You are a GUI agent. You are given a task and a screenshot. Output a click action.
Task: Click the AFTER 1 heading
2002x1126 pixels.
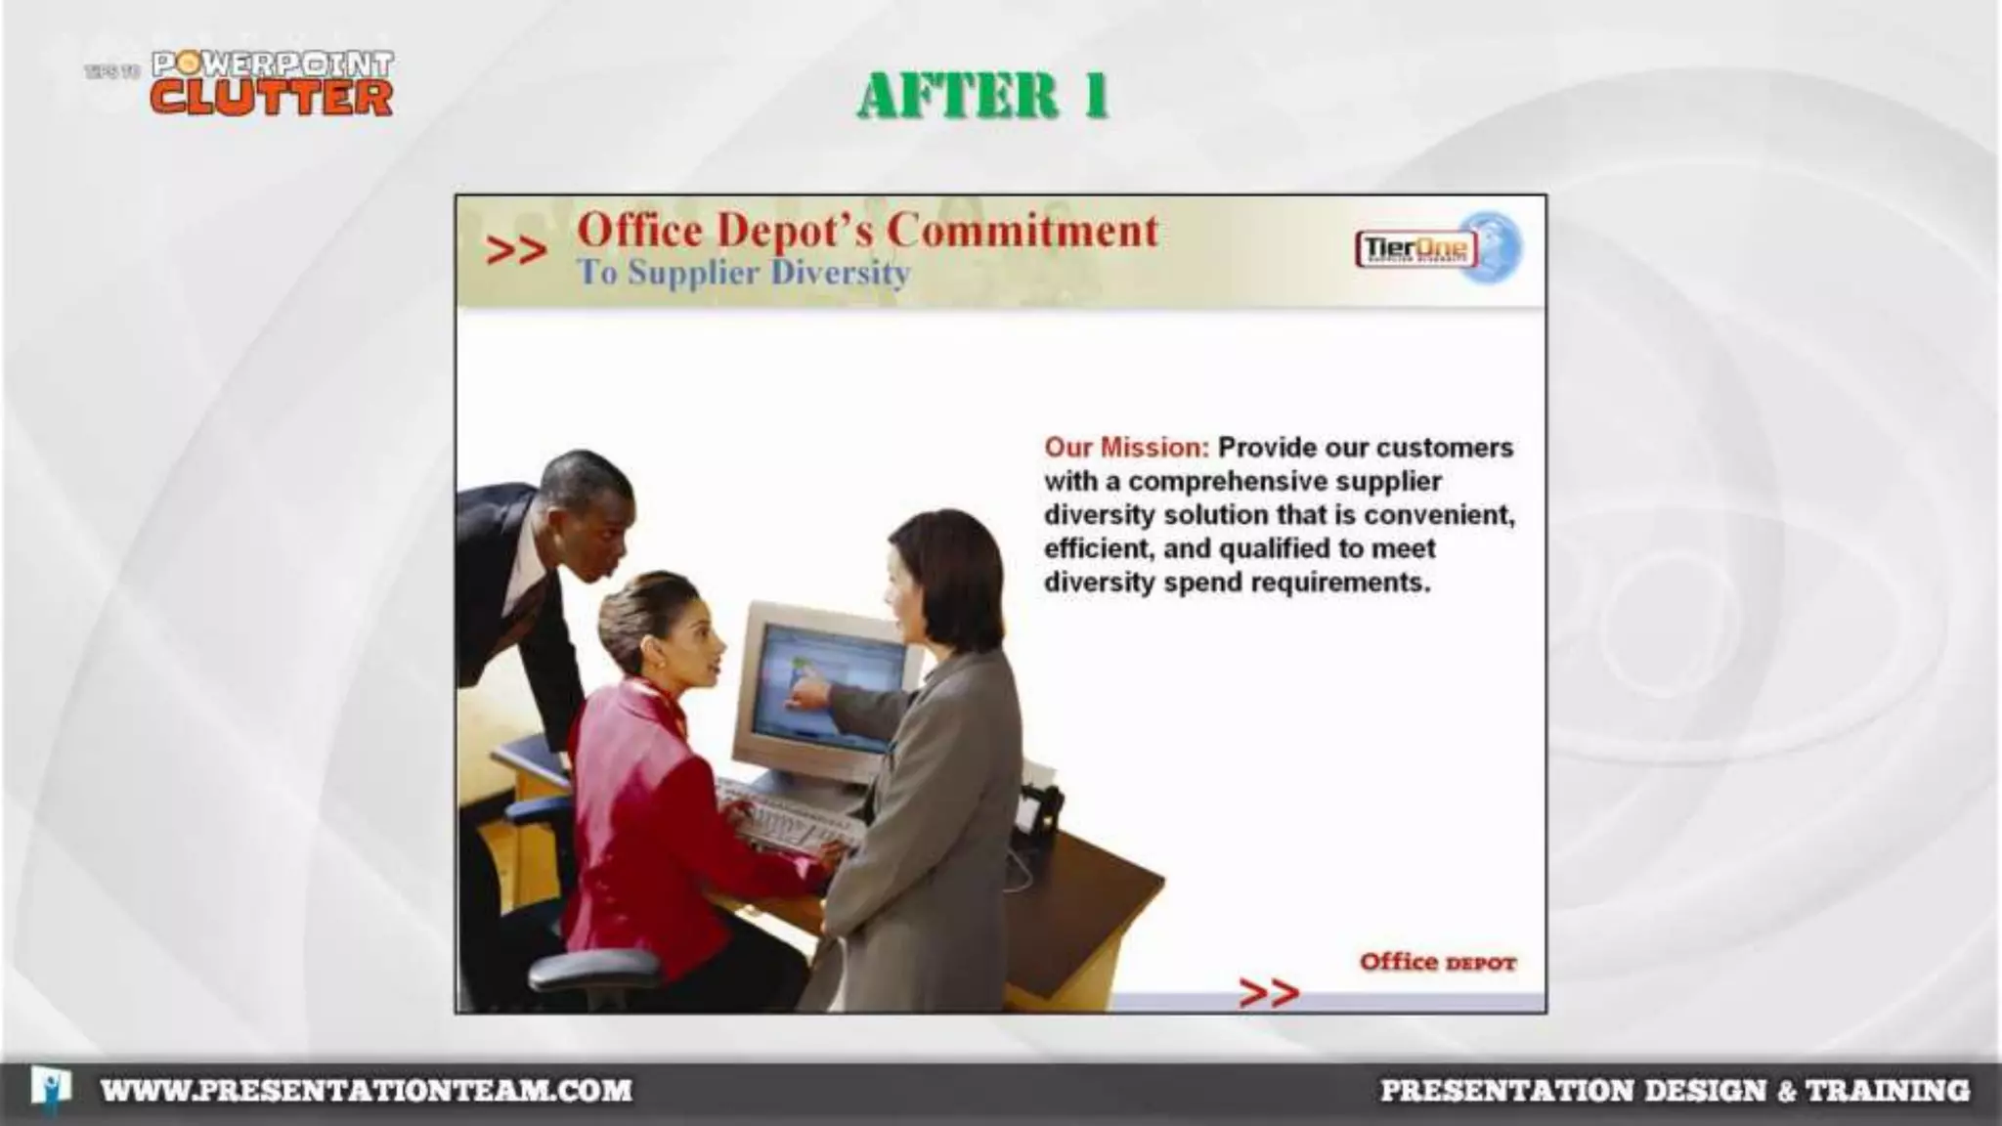click(982, 96)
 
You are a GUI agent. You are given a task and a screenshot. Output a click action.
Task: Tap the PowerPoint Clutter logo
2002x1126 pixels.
click(272, 84)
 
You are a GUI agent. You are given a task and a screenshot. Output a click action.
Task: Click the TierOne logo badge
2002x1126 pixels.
click(1415, 248)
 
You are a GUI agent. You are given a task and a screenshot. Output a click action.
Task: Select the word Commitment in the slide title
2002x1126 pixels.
click(1023, 231)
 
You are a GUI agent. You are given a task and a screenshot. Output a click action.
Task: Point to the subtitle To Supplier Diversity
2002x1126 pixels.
click(743, 273)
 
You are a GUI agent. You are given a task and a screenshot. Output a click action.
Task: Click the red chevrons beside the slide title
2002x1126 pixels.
click(515, 251)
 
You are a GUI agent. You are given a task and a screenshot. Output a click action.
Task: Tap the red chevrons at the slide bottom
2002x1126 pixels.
click(1268, 992)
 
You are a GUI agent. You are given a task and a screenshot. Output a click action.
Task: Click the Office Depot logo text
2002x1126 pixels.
click(1437, 962)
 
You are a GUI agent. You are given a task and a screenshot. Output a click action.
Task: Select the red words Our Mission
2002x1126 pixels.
click(1126, 448)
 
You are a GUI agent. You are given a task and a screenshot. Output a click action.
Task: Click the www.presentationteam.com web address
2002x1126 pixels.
click(367, 1090)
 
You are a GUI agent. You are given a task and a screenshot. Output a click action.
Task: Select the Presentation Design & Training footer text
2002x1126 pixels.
click(1674, 1090)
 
